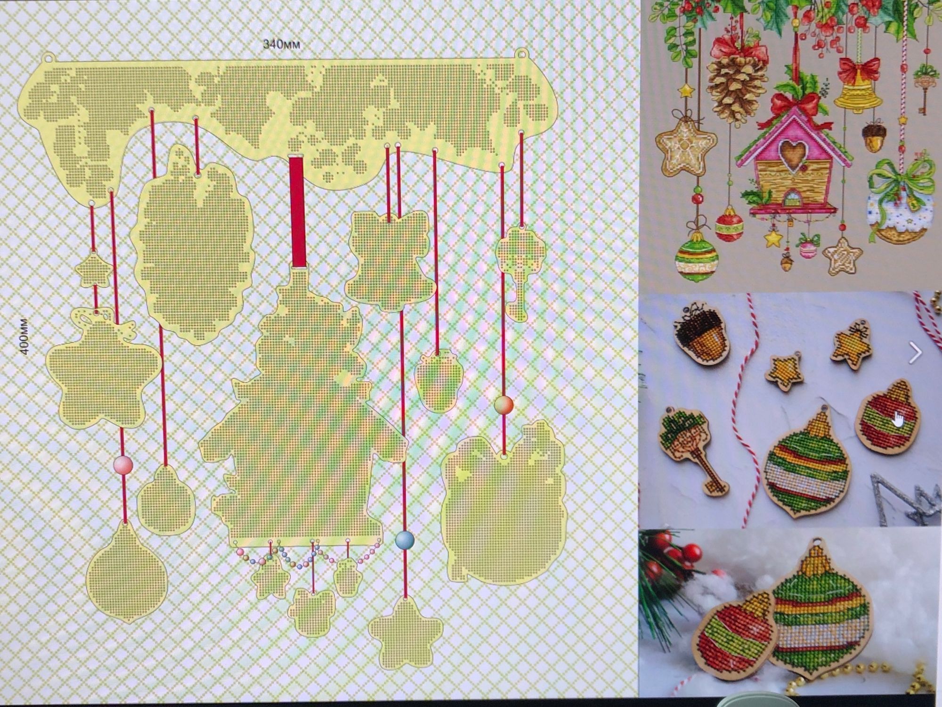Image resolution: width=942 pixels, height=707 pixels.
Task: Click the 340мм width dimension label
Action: [282, 45]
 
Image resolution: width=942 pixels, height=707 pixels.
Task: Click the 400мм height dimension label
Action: [24, 337]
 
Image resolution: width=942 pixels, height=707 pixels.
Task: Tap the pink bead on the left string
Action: [123, 465]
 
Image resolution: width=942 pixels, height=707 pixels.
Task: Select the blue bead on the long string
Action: [405, 540]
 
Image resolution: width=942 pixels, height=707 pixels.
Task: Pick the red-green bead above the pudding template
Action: [504, 405]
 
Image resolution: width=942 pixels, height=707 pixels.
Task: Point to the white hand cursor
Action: [899, 418]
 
